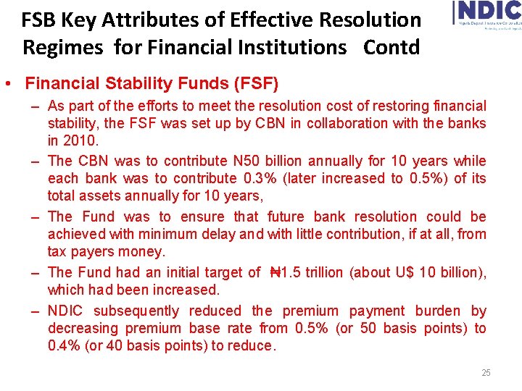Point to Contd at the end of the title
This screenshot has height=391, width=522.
point(391,48)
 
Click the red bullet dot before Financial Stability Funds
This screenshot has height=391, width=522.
point(7,84)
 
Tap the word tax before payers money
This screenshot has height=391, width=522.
point(58,251)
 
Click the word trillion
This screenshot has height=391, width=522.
point(325,272)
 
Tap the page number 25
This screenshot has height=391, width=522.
point(486,373)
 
